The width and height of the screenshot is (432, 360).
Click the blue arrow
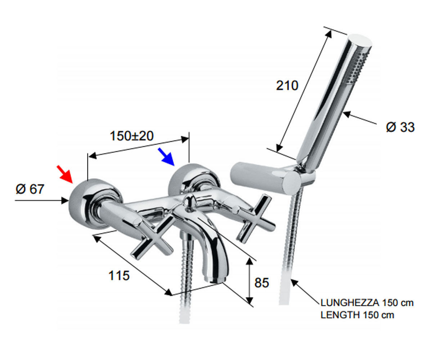pos(166,157)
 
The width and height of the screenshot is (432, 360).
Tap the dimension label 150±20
pos(132,136)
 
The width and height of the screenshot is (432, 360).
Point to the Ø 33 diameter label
pos(400,127)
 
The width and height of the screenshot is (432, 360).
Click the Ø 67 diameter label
pos(30,189)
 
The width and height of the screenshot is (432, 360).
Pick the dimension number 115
pos(119,275)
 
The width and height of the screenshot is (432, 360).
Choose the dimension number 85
pos(262,283)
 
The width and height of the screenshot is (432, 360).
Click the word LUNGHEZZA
pos(350,303)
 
